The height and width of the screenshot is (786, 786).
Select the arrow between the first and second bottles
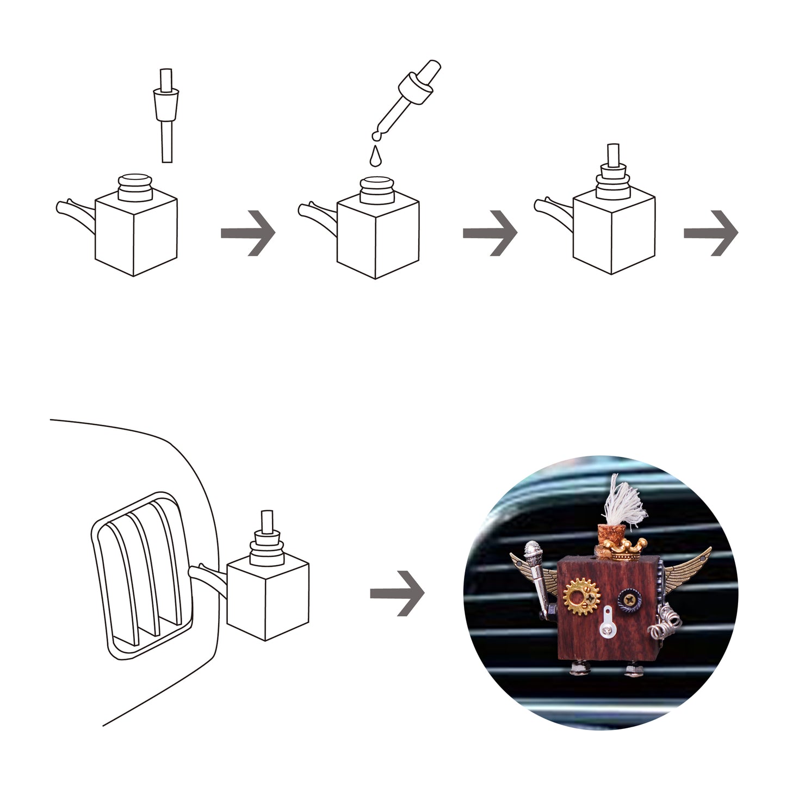point(248,233)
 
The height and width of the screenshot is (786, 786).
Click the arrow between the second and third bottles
point(490,233)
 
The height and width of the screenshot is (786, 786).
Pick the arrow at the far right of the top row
point(710,233)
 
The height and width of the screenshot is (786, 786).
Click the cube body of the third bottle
point(614,234)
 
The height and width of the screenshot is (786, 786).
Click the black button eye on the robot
point(630,601)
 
